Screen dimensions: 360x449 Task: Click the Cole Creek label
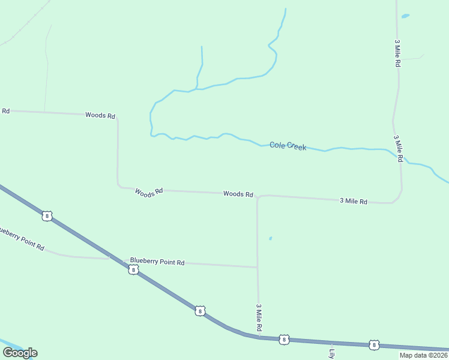288,146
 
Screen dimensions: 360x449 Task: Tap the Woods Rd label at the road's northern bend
100,115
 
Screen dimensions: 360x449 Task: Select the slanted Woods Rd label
149,193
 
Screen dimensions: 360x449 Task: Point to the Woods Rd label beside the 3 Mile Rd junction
238,194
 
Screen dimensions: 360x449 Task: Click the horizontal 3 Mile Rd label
353,201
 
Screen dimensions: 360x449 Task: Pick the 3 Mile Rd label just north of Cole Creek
397,146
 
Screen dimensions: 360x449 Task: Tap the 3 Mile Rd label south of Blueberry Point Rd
259,317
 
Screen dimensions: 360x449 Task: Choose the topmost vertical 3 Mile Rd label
397,53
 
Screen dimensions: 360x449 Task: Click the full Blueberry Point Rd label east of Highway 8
157,262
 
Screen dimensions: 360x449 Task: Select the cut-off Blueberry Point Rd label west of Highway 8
22,238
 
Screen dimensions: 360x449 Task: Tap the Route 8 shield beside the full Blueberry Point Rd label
133,270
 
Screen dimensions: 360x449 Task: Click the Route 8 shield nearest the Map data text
374,344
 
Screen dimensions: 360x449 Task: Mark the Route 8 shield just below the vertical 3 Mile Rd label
284,340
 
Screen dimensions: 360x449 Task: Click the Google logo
20,353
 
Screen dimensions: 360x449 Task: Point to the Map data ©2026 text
423,355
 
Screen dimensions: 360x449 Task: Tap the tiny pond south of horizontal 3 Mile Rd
270,238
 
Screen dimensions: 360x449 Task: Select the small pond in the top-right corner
405,16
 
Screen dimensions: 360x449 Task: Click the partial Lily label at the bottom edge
331,353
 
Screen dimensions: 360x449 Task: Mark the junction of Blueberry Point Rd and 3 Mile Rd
258,267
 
